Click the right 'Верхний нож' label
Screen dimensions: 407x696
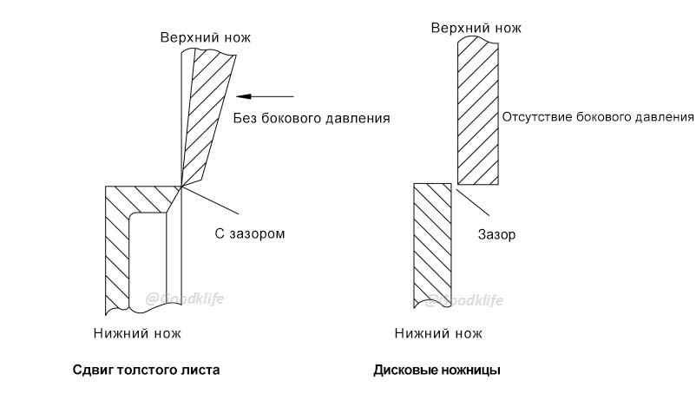(476, 27)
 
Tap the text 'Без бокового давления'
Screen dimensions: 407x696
(312, 117)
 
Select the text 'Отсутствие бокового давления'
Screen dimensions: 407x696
(598, 117)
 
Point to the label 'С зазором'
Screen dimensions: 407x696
(250, 233)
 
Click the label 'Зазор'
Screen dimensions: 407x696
(497, 234)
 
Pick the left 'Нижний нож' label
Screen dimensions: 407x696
(137, 333)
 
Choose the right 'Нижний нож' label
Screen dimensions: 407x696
(437, 333)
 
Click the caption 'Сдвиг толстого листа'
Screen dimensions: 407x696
(146, 371)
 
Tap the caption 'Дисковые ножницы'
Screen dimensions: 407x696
(437, 371)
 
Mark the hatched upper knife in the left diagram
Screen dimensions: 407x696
(208, 113)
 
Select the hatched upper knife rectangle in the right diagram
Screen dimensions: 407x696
(478, 113)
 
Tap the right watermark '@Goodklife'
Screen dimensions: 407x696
(464, 300)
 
